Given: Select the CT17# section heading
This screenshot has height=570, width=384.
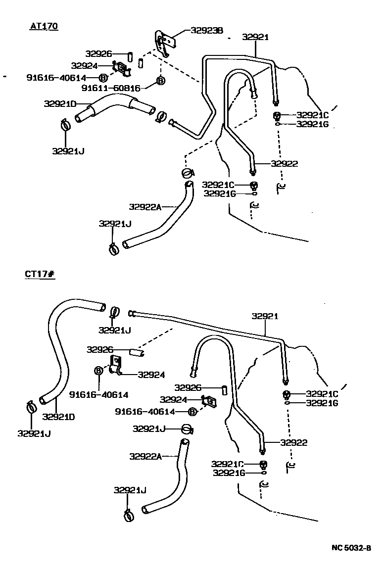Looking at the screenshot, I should click(40, 274).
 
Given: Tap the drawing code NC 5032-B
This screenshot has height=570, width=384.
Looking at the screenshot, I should click(351, 548).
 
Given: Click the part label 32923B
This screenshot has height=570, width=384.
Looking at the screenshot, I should click(207, 31).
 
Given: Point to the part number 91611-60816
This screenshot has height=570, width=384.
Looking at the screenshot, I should click(111, 88).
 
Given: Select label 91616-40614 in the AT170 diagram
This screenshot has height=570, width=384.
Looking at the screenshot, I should click(56, 78).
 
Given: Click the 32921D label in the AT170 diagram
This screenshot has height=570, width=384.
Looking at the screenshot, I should click(59, 104).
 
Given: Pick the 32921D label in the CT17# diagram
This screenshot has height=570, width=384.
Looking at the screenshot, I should click(58, 416).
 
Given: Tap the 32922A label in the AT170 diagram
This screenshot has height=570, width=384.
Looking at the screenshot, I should click(145, 207).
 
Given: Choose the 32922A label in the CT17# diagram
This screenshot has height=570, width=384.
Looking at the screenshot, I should click(145, 456).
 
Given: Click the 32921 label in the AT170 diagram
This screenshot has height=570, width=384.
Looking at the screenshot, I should click(255, 37).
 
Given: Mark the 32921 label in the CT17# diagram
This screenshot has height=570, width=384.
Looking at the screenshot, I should click(265, 316).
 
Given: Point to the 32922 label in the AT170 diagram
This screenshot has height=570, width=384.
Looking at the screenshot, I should click(285, 164).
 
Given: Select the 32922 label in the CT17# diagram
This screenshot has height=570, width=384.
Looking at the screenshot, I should click(294, 443).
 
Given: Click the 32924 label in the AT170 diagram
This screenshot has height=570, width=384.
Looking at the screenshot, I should click(84, 65).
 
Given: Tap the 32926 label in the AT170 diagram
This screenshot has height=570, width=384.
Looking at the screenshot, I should click(99, 53).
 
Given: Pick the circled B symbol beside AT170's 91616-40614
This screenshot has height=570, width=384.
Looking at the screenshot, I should click(102, 78).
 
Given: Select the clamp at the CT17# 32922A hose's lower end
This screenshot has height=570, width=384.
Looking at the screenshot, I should click(129, 515).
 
